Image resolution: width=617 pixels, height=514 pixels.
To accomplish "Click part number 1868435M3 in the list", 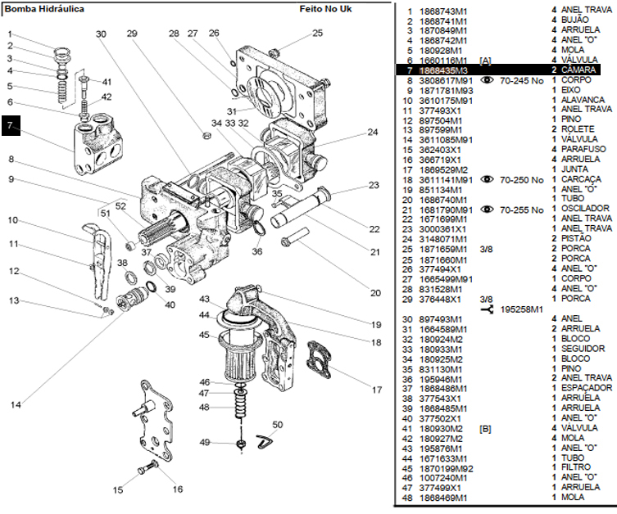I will [447, 71].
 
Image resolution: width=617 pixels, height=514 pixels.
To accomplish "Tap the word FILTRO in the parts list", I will [577, 467].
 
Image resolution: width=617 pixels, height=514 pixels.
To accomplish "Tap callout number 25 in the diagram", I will [318, 34].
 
